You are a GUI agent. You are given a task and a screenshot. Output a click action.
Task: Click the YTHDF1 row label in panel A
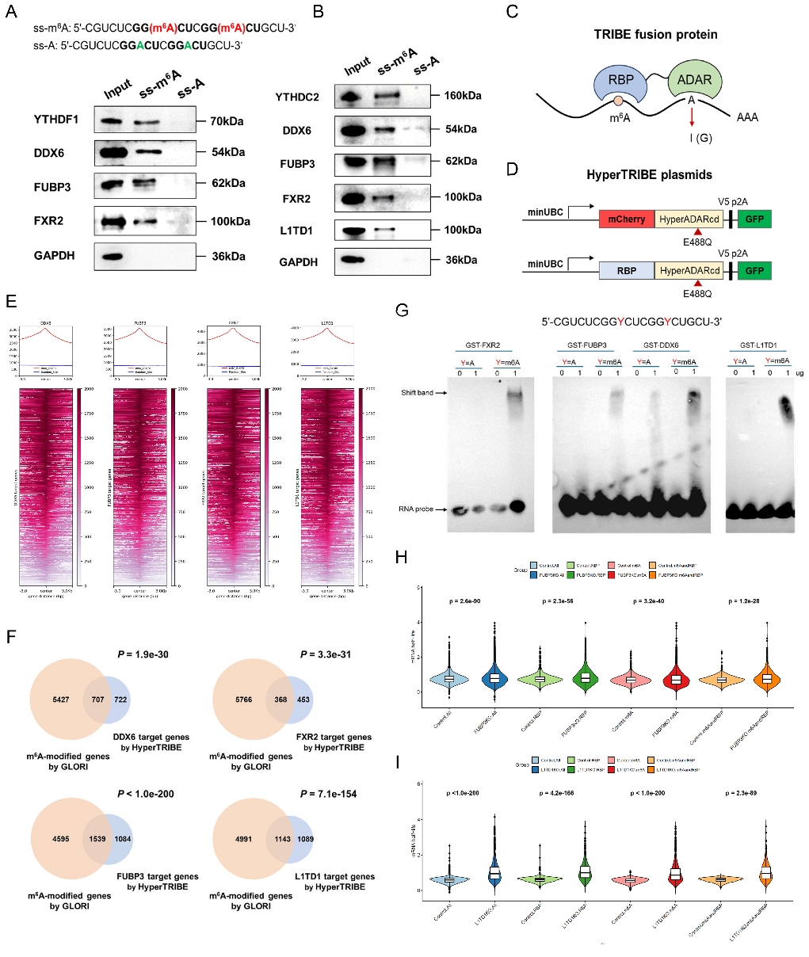(55, 120)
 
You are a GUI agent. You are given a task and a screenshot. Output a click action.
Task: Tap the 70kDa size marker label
(227, 121)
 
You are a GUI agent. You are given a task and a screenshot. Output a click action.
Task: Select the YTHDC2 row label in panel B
(297, 97)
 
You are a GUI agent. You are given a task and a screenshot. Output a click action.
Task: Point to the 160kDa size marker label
(463, 96)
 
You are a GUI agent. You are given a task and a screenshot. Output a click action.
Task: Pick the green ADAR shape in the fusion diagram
(694, 80)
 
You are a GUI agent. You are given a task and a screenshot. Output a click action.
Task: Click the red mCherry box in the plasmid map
(627, 219)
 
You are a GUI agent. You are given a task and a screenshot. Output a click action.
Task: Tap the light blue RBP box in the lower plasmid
(627, 270)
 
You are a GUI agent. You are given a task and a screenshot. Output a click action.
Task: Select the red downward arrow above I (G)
(691, 117)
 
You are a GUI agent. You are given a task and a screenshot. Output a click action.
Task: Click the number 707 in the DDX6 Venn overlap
(97, 700)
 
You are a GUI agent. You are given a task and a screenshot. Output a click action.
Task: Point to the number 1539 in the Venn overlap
(97, 839)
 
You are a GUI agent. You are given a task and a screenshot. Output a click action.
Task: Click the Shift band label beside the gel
(417, 392)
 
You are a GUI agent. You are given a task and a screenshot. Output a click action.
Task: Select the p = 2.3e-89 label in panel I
(740, 793)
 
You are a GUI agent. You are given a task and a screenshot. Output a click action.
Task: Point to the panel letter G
(402, 310)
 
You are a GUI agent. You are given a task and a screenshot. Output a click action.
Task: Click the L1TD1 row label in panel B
(296, 231)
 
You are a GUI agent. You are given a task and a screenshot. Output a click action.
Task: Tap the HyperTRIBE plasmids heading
(649, 174)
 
